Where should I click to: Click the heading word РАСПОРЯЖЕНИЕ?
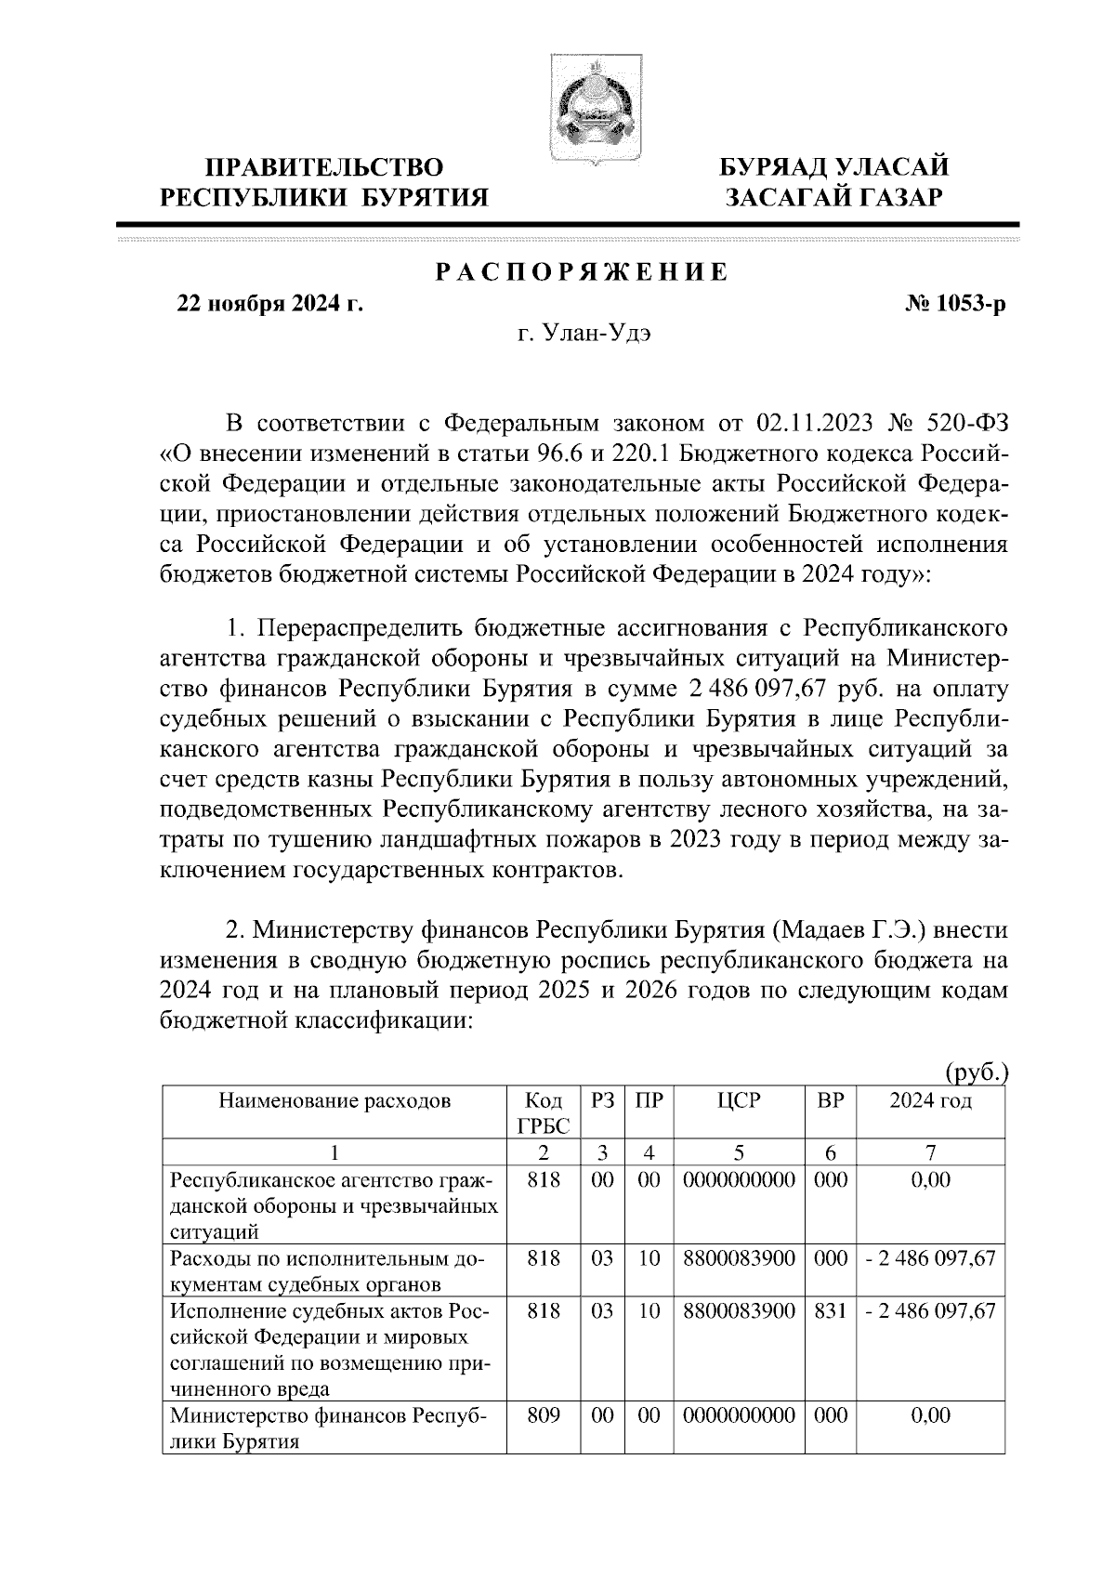[x=583, y=272]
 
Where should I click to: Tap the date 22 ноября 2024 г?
[x=269, y=304]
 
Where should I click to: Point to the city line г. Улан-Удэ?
[x=583, y=334]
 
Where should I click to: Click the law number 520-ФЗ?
[x=967, y=424]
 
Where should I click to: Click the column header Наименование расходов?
[x=334, y=1101]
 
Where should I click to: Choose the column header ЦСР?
[x=739, y=1101]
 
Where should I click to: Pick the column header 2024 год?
[x=930, y=1101]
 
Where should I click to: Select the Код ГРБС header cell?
[x=543, y=1113]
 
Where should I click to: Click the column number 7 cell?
[x=930, y=1153]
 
